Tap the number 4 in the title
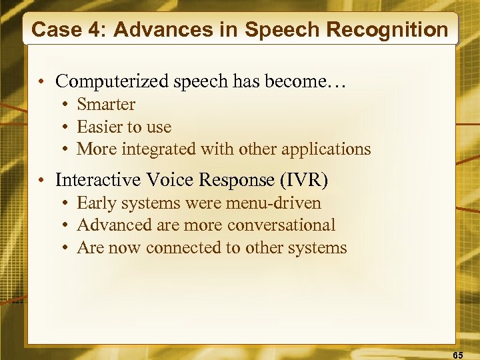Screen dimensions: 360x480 click(x=88, y=30)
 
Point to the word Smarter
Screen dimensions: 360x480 click(x=106, y=105)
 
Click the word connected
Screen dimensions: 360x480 click(x=177, y=248)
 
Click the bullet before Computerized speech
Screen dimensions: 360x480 click(x=41, y=82)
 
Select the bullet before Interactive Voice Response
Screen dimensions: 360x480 click(x=41, y=181)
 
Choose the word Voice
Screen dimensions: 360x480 click(x=163, y=180)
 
